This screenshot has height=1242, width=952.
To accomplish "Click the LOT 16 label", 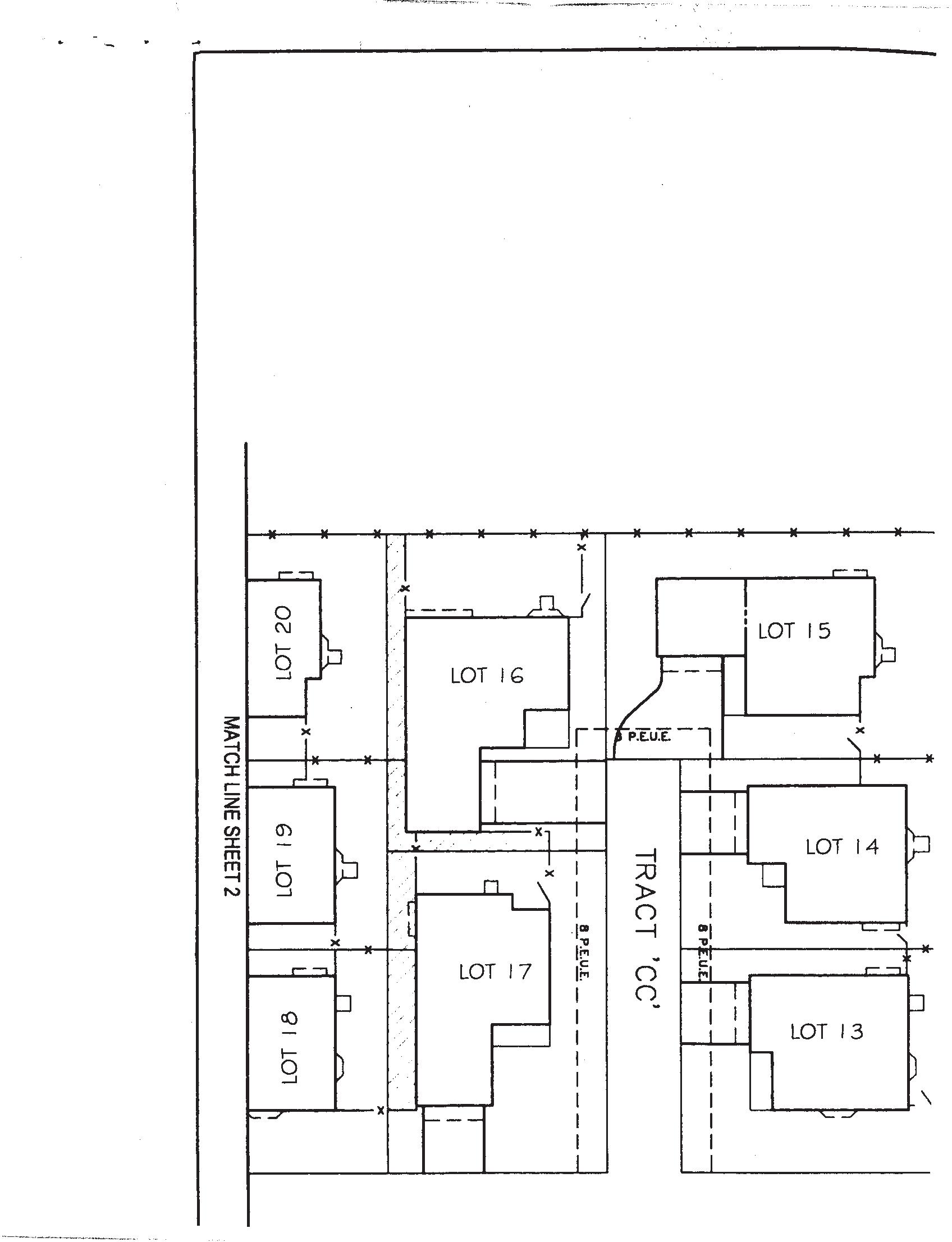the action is click(487, 675).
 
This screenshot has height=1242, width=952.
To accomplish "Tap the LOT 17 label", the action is click(495, 971).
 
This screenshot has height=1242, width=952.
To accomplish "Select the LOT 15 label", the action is click(794, 631).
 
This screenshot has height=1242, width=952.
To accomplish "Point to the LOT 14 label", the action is click(842, 846).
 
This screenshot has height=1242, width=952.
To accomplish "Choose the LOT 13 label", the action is click(827, 1031).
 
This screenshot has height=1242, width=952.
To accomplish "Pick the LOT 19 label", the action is click(285, 860).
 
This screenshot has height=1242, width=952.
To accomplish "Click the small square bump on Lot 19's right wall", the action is click(352, 870).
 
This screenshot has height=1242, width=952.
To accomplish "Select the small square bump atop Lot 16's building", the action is click(547, 602).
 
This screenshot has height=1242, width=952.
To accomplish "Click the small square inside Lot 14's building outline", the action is click(771, 876).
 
